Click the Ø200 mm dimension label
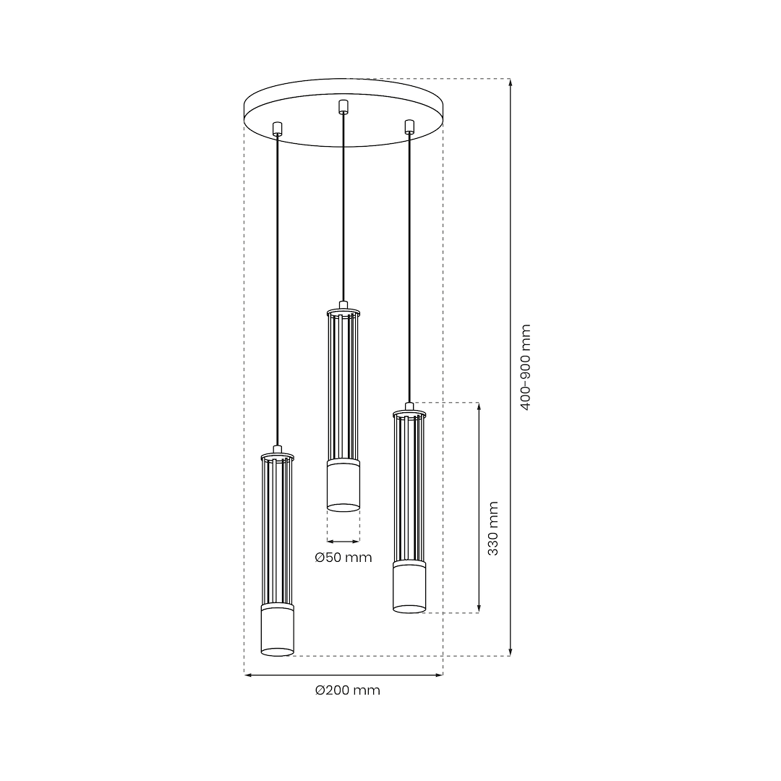(x=347, y=691)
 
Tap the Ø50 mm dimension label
(x=343, y=558)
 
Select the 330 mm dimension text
(x=492, y=529)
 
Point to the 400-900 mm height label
(x=526, y=367)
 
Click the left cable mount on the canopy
(x=277, y=129)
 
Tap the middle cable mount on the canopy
(x=343, y=106)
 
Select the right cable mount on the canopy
(x=409, y=127)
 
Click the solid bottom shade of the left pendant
(x=277, y=631)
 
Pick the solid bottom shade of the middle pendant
(x=343, y=486)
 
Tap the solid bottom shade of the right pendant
(x=409, y=588)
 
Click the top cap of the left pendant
(x=277, y=455)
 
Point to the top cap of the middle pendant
(x=343, y=310)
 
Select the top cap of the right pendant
(x=409, y=412)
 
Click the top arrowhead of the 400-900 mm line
(x=511, y=82)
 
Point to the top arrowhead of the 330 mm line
(x=478, y=407)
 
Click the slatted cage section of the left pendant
(x=277, y=532)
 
